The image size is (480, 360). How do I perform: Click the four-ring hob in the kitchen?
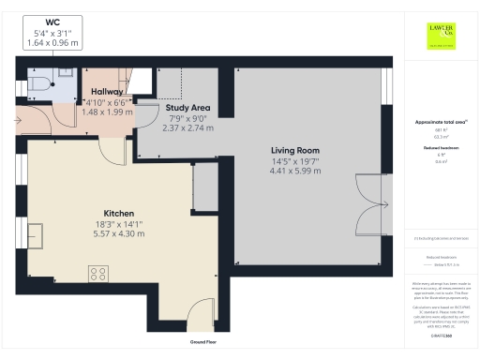[x=97, y=274]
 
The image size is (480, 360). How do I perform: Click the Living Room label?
[x=295, y=150]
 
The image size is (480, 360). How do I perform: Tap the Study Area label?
[x=187, y=108]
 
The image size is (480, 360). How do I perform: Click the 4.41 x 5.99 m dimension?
[x=295, y=171]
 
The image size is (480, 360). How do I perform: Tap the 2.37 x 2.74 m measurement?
[x=187, y=128]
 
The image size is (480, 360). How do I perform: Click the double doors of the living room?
[x=372, y=204]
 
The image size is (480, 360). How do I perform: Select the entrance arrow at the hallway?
[x=21, y=119]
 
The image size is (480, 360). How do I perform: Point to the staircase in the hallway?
[x=141, y=82]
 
